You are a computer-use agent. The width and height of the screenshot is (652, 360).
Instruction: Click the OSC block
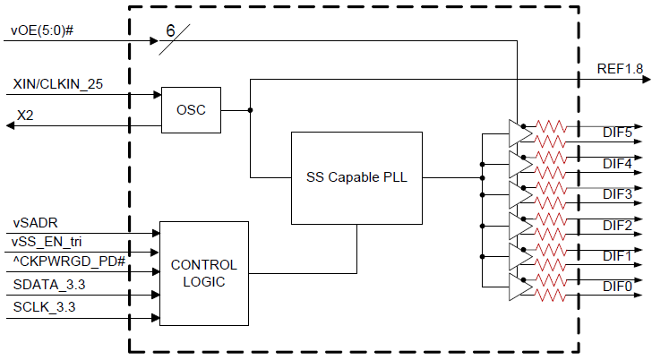[191, 110]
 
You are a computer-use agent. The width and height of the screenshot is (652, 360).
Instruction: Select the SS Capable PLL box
[356, 177]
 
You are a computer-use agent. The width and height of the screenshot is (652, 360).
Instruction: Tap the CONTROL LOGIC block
[203, 273]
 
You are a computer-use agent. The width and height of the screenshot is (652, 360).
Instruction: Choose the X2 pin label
[26, 116]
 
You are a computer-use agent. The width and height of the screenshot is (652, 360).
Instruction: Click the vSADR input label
[36, 221]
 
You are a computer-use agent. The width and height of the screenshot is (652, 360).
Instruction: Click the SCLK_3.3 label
[44, 309]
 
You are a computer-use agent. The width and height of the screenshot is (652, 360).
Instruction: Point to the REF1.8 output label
[619, 69]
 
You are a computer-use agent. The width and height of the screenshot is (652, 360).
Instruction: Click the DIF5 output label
[617, 133]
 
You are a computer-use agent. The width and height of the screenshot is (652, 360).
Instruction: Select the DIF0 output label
[617, 287]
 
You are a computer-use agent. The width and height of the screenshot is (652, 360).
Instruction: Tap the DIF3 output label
[617, 193]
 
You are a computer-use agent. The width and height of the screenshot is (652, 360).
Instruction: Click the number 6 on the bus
[170, 30]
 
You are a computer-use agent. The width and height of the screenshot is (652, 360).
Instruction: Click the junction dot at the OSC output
[250, 110]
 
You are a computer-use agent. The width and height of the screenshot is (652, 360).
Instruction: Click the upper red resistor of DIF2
[550, 219]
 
